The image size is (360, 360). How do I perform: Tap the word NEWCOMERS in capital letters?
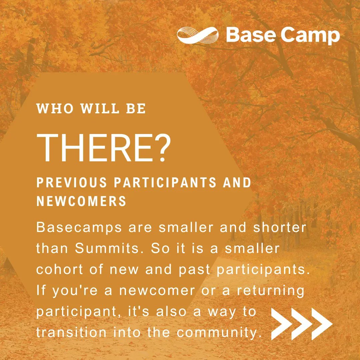(81, 201)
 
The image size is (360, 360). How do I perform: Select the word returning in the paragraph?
(271, 291)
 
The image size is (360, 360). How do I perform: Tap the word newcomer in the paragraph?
(157, 291)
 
